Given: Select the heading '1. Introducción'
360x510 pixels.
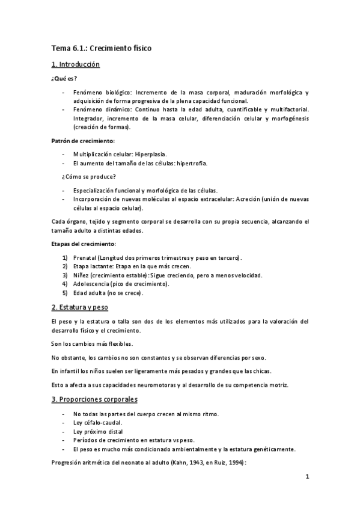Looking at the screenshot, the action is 75,64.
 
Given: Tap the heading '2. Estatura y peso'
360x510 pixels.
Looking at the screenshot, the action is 79,307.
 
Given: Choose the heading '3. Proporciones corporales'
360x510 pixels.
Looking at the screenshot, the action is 90,399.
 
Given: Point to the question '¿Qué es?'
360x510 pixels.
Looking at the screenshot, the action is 64,78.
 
